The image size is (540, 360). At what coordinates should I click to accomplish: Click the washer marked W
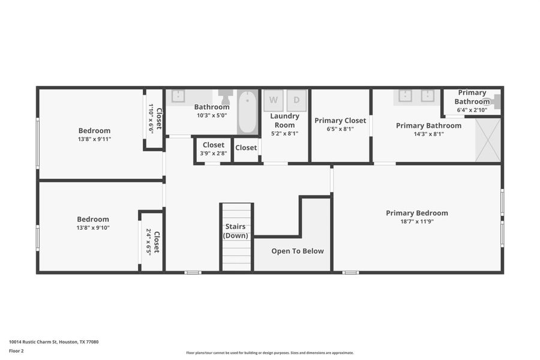[x=274, y=100]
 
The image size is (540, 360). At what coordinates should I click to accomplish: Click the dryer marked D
[x=296, y=100]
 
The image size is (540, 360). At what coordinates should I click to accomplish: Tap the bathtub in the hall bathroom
[x=247, y=112]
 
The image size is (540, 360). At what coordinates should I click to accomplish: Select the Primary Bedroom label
[x=416, y=213]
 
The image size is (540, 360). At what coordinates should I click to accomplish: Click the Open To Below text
[x=297, y=251]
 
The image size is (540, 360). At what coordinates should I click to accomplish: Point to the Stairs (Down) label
[x=236, y=231]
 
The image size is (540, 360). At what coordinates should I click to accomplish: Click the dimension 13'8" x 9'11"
[x=94, y=139]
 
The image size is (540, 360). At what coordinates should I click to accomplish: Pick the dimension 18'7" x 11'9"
[x=416, y=221]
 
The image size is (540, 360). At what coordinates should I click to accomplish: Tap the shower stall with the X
[x=487, y=140]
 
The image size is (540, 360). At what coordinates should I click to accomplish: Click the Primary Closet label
[x=340, y=121]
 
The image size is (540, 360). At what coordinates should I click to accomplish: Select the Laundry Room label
[x=284, y=121]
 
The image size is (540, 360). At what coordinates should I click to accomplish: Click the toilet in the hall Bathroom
[x=226, y=96]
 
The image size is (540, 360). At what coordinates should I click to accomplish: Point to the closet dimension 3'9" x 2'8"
[x=214, y=154]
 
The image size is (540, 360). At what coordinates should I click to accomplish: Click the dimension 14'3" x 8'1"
[x=428, y=134]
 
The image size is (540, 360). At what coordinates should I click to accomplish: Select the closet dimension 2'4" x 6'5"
[x=148, y=242]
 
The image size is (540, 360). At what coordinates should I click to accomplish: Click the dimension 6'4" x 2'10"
[x=472, y=110]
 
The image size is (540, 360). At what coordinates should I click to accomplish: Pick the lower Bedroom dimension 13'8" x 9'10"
[x=93, y=228]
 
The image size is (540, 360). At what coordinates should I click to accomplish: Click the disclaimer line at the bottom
[x=270, y=353]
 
